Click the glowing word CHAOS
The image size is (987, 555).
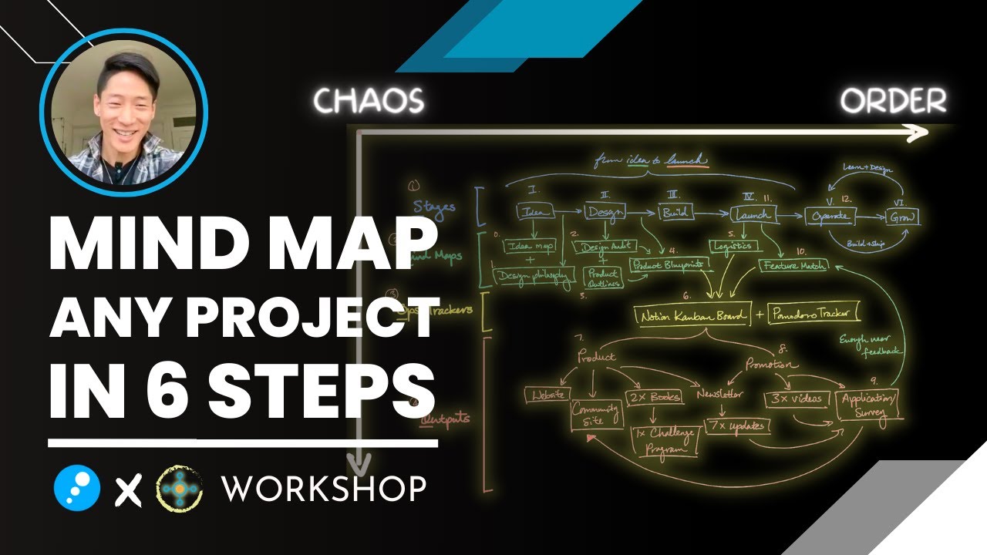tap(369, 100)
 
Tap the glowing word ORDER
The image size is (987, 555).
tap(893, 101)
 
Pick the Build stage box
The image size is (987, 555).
tap(674, 212)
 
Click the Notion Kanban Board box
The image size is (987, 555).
tap(691, 314)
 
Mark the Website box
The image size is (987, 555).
tap(547, 395)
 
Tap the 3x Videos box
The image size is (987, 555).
tap(797, 399)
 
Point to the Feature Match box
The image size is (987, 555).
tap(793, 265)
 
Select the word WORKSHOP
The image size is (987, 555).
tap(323, 488)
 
